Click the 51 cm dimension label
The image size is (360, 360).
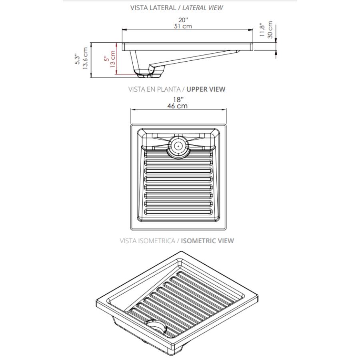point(183,26)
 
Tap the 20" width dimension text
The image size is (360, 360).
point(183,20)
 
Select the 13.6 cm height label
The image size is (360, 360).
point(85,58)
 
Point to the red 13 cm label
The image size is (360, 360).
point(112,59)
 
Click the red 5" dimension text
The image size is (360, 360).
point(107,58)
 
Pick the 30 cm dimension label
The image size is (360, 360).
point(270,30)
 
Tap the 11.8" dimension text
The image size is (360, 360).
point(262,30)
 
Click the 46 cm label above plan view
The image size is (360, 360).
point(177,106)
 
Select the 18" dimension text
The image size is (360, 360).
point(178,100)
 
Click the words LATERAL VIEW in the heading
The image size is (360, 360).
point(202,8)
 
